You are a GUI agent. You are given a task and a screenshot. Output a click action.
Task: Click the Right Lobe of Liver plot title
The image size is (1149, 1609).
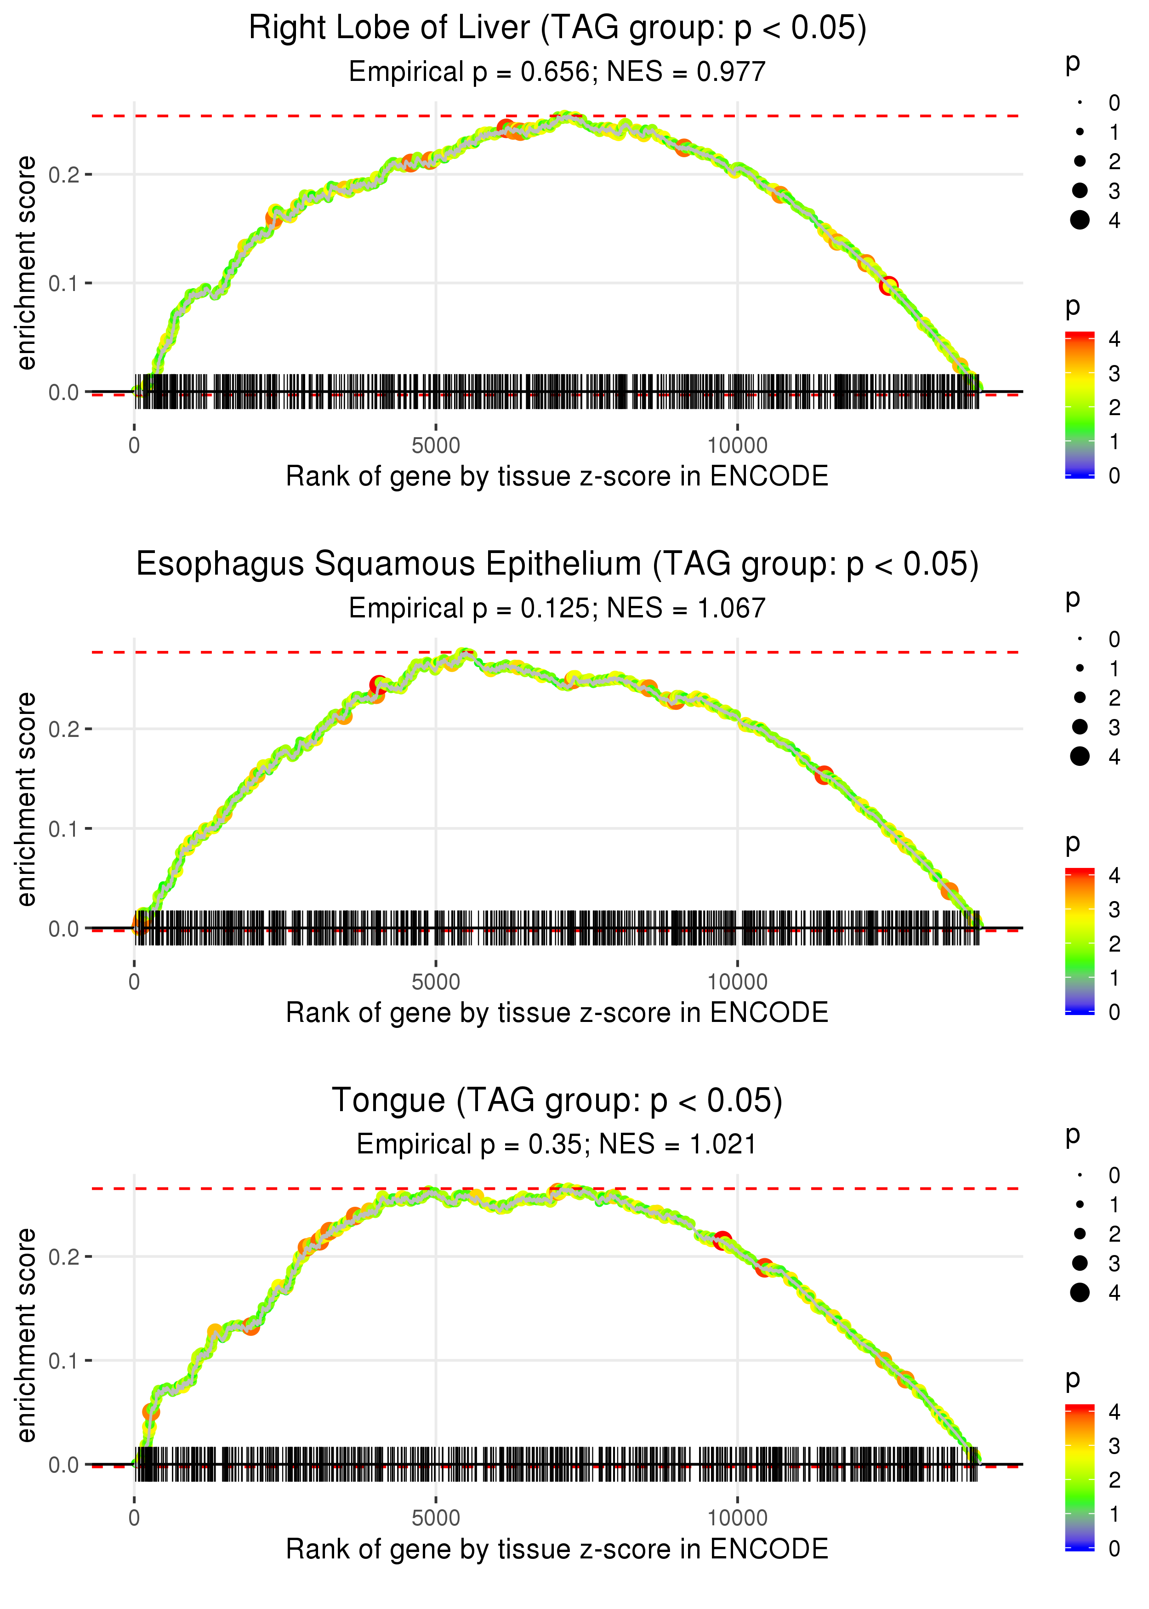(557, 29)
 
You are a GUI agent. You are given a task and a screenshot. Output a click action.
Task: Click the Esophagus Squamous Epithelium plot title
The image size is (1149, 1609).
(557, 565)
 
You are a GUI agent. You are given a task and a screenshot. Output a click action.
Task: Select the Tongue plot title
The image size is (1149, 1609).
(557, 1101)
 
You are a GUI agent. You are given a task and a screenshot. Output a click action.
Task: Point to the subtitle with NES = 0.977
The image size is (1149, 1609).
(557, 72)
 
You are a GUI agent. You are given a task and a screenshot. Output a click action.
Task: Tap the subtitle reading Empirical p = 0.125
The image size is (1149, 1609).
(557, 609)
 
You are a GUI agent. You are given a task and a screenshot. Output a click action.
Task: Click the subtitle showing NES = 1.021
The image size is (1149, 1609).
(557, 1145)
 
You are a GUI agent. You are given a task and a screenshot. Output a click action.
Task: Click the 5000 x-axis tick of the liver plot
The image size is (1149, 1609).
(436, 446)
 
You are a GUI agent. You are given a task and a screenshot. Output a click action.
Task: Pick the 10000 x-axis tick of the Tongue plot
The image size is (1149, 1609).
(737, 1518)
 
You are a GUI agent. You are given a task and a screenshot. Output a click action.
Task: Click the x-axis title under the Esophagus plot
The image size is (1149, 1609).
(557, 1013)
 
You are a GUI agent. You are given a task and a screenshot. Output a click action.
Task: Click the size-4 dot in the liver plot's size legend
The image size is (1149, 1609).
(1080, 220)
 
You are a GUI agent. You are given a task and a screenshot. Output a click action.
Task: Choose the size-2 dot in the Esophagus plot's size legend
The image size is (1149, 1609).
(1080, 698)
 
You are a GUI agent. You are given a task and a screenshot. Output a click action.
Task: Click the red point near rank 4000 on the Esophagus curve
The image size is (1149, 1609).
(379, 685)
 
